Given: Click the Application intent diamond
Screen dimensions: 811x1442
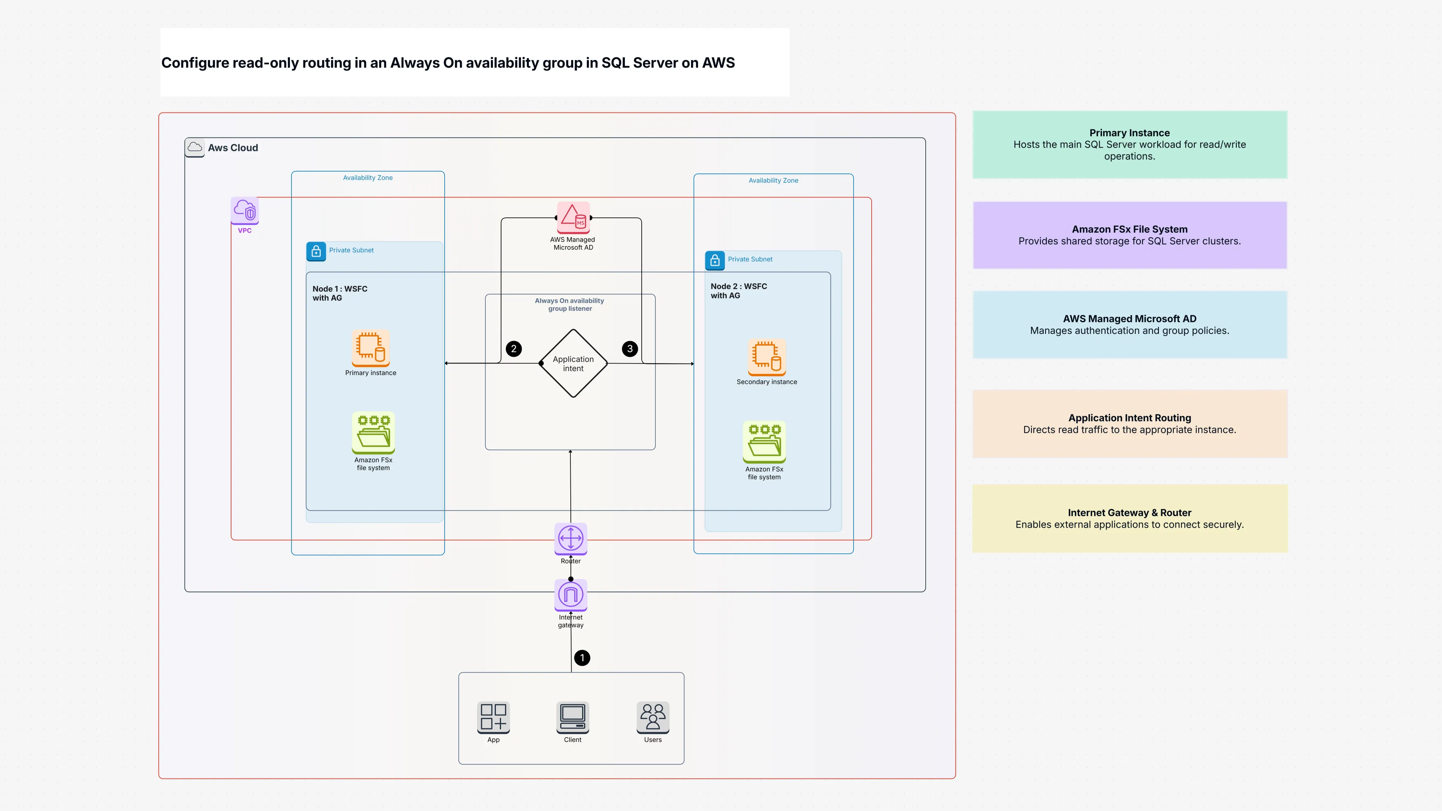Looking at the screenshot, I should coord(573,363).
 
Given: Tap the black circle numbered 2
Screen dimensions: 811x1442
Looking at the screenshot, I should coord(513,349).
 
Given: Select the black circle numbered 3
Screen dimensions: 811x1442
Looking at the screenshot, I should coord(630,349).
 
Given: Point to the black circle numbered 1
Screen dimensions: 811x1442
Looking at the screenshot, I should coord(582,658).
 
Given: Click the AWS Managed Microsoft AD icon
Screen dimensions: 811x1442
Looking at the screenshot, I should coord(573,217).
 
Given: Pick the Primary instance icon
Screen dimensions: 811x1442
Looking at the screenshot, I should coord(371,348).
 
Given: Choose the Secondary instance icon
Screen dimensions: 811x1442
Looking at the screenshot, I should coord(766,357).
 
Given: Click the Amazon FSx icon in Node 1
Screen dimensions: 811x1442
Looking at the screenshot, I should coord(373,432).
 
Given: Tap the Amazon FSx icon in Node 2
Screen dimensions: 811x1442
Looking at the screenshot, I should coord(764,442).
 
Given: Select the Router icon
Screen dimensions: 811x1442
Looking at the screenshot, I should coord(570,538).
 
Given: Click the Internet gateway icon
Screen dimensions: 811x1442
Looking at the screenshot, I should coord(570,594).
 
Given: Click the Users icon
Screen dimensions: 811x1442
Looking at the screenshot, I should coord(653,717).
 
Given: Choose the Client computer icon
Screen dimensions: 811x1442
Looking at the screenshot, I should coord(572,717).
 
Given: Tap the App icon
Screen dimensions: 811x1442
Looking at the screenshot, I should coord(493,717).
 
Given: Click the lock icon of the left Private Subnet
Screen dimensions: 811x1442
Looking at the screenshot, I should coord(316,251).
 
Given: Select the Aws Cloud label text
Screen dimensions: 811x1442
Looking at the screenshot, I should coord(233,148).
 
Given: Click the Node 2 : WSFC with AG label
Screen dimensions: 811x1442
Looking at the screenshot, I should coord(738,290).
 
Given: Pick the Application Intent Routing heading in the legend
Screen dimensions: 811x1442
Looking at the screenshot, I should coord(1129,418).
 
